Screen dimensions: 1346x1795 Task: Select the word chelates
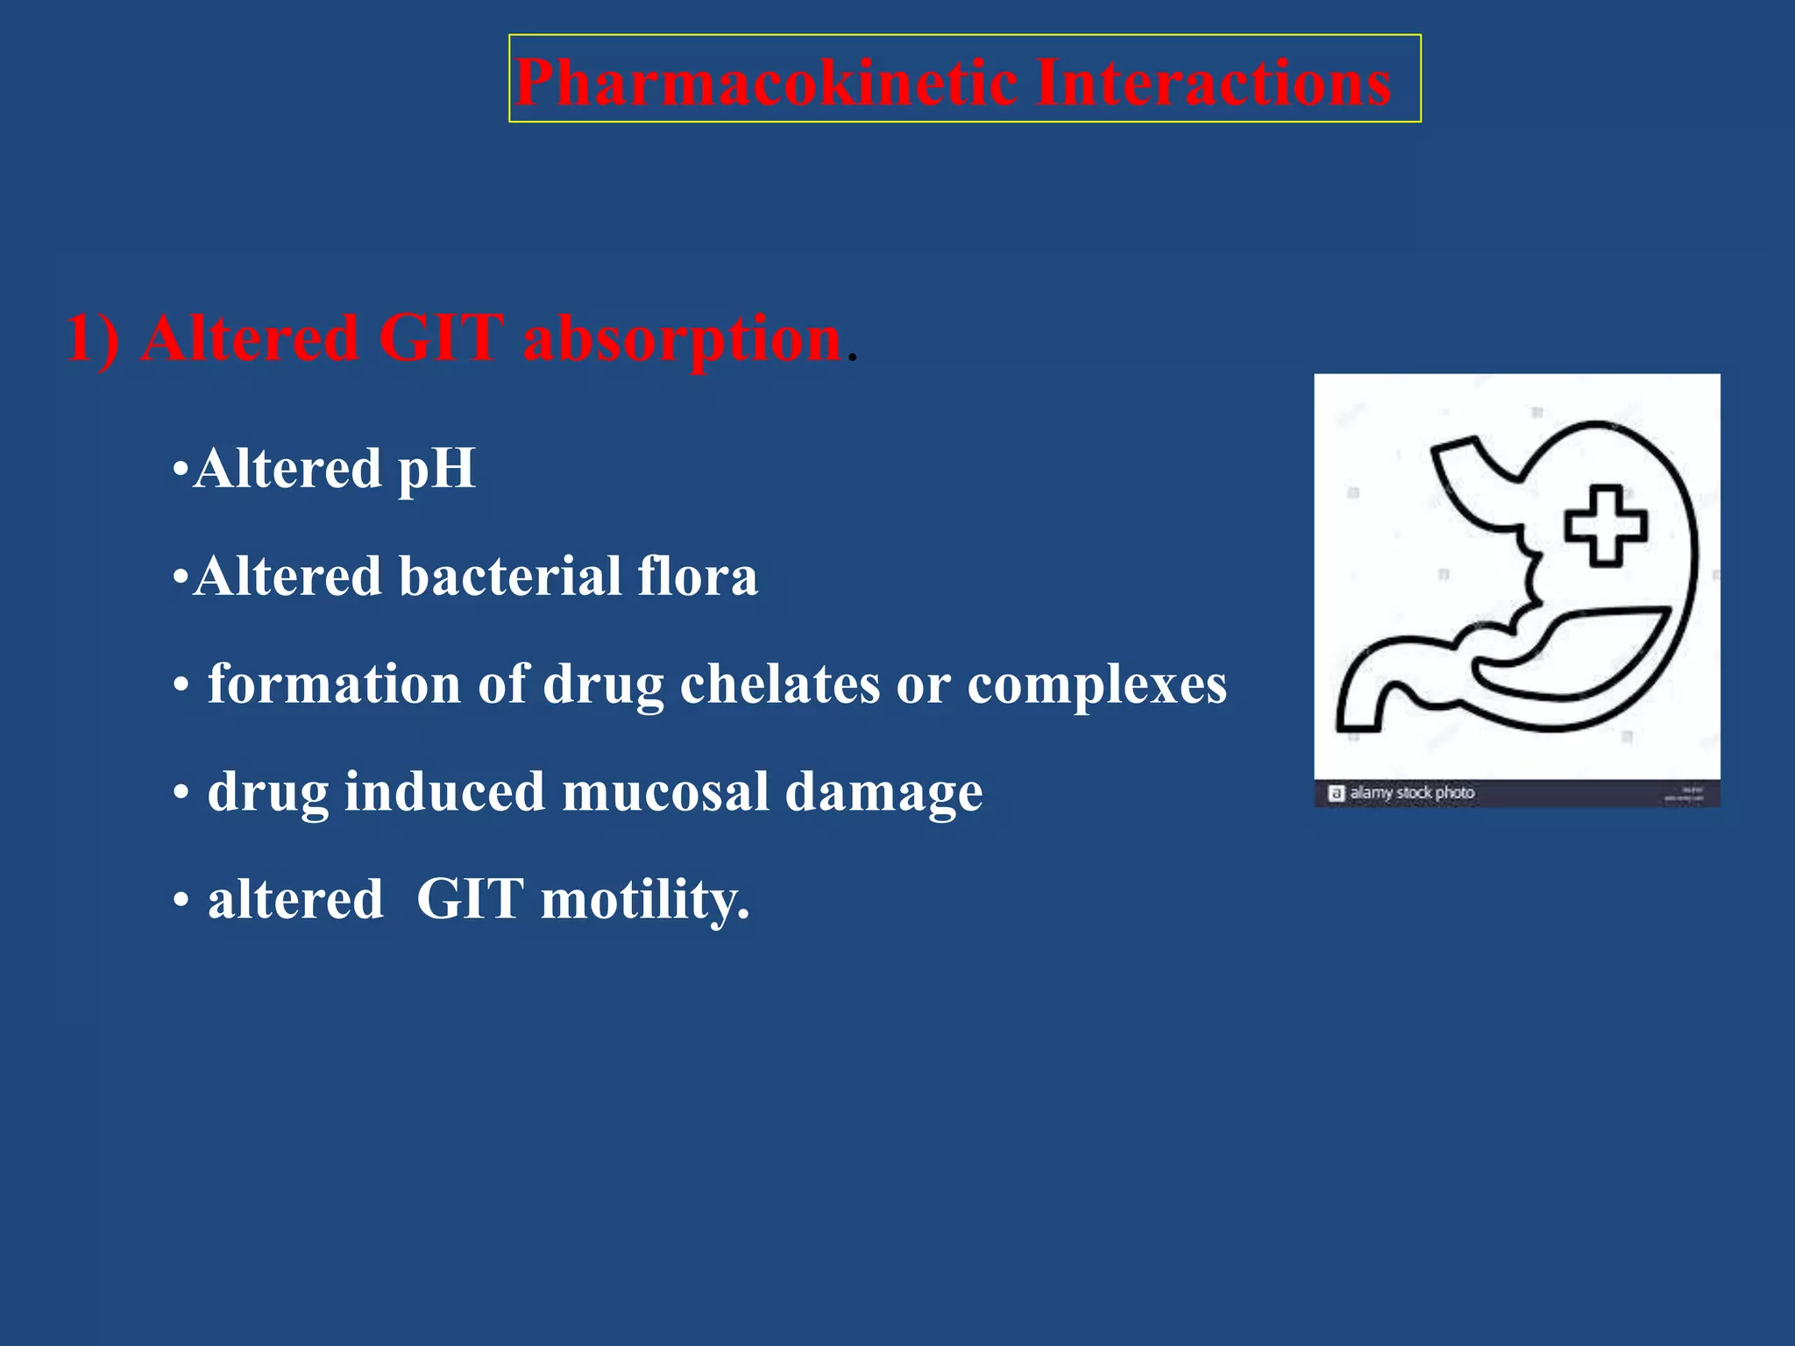pyautogui.click(x=779, y=684)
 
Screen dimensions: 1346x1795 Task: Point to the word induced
pyautogui.click(x=444, y=792)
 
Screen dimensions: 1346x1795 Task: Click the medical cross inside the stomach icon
pyautogui.click(x=1606, y=526)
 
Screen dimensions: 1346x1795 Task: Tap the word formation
pyautogui.click(x=334, y=684)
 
